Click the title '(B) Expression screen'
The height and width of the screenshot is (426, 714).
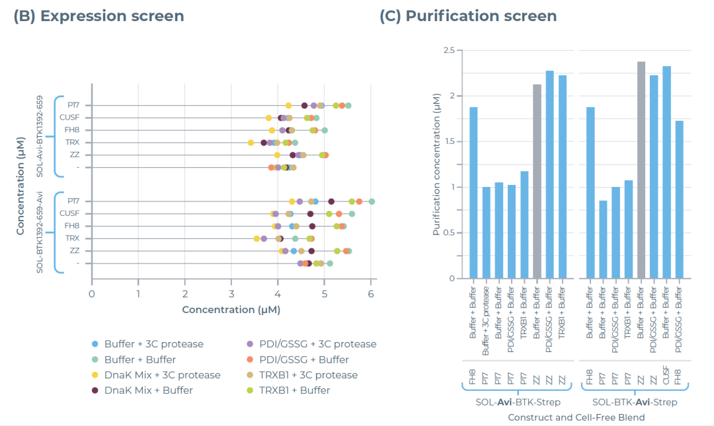click(99, 16)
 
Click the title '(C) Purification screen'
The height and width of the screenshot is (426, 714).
click(468, 16)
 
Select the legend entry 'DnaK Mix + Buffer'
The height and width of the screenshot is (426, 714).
click(148, 390)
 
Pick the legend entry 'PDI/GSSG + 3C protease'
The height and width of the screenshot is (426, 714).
click(310, 344)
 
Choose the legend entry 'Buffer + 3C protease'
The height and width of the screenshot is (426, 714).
click(153, 344)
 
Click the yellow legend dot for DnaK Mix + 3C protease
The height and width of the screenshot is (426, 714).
click(95, 375)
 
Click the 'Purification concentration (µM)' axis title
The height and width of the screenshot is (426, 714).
click(436, 164)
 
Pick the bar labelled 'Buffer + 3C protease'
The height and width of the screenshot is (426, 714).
click(487, 232)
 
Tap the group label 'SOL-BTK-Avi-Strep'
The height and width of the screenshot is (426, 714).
click(634, 402)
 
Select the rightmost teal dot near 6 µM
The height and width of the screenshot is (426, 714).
click(372, 201)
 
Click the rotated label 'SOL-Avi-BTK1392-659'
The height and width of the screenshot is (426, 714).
click(40, 136)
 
